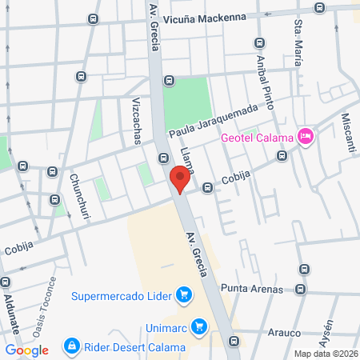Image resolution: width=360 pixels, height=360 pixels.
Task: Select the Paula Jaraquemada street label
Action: (214, 120)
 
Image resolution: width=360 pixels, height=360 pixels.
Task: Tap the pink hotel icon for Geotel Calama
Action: (305, 137)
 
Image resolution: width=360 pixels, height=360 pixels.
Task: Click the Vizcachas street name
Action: (136, 118)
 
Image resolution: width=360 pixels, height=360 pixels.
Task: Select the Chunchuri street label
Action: (81, 197)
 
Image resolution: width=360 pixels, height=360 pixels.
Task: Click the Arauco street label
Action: (282, 331)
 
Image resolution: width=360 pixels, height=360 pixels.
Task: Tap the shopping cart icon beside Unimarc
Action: (199, 326)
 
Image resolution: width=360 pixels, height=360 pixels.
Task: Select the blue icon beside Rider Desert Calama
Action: (71, 347)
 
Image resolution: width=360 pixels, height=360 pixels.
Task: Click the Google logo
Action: (27, 350)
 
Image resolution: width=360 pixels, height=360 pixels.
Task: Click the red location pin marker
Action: (181, 178)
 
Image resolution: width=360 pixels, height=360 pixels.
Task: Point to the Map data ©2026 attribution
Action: (326, 354)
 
